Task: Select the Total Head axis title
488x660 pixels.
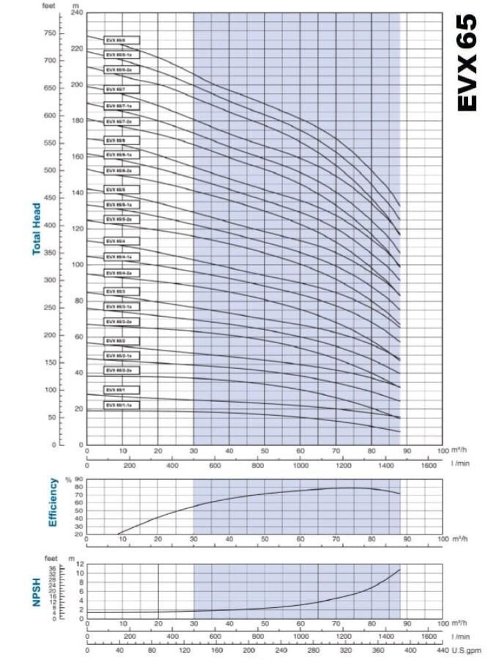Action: [x=38, y=228]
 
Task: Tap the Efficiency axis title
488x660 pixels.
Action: [x=53, y=503]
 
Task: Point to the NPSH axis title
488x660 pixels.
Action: [x=37, y=592]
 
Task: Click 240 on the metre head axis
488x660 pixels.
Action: [x=78, y=13]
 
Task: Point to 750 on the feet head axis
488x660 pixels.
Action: [x=50, y=33]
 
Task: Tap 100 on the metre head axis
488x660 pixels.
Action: [x=78, y=265]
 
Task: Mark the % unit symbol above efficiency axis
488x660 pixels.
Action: [x=67, y=478]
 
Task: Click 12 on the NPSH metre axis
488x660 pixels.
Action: [x=80, y=564]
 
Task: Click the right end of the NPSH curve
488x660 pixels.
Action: [x=400, y=570]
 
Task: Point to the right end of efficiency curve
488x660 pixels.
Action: [x=400, y=494]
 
